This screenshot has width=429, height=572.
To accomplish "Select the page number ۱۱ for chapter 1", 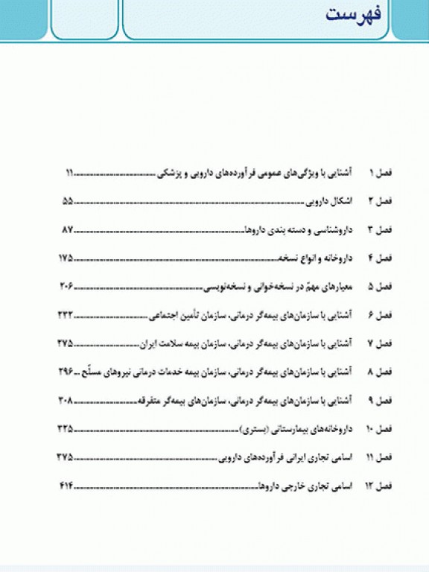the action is coord(69,173).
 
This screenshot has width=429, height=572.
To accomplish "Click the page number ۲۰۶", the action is coord(66,286).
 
